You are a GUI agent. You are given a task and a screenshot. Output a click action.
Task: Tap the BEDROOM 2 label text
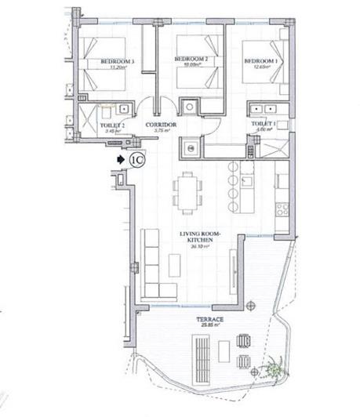pyautogui.click(x=188, y=60)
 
